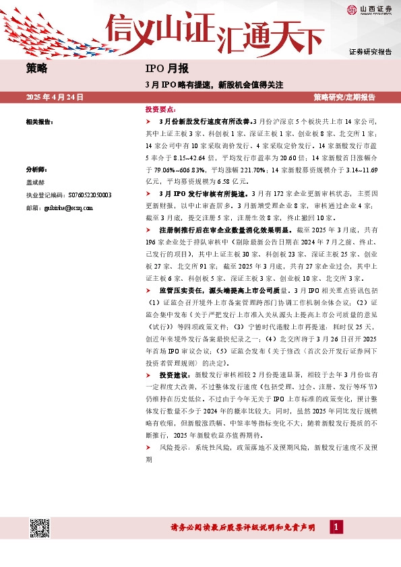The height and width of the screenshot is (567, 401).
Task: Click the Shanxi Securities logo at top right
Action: [368, 10]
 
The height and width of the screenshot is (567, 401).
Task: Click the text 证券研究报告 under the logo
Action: [370, 52]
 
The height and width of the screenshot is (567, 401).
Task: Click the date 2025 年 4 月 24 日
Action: [54, 98]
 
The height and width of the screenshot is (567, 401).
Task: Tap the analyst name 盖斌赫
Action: [36, 182]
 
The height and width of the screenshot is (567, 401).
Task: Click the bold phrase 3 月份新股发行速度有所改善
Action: [204, 122]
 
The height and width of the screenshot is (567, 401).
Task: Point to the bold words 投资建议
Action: [175, 373]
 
